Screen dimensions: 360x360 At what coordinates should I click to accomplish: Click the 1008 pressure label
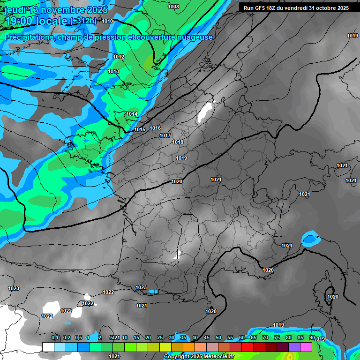[x=173, y=7]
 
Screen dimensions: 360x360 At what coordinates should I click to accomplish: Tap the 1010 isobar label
[x=107, y=21]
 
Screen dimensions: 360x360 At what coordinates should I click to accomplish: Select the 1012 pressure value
[x=119, y=57]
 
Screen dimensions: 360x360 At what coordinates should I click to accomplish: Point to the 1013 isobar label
[x=113, y=71]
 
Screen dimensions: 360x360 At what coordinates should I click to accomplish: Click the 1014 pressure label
[x=132, y=114]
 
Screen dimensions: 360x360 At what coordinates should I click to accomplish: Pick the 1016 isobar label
[x=156, y=128]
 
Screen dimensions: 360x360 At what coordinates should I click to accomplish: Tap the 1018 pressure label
[x=178, y=142]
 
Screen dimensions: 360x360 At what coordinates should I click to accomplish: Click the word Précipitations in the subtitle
[x=28, y=37]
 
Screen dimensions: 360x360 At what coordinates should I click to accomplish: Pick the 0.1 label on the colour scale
[x=55, y=337]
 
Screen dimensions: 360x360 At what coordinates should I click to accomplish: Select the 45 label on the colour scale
[x=207, y=337]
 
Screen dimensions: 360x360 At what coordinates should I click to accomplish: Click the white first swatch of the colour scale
[x=48, y=347]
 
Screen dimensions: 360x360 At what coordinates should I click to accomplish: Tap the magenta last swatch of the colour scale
[x=306, y=347]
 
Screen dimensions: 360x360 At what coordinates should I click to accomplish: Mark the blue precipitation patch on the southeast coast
[x=309, y=240]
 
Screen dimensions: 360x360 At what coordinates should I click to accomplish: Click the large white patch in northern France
[x=205, y=112]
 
